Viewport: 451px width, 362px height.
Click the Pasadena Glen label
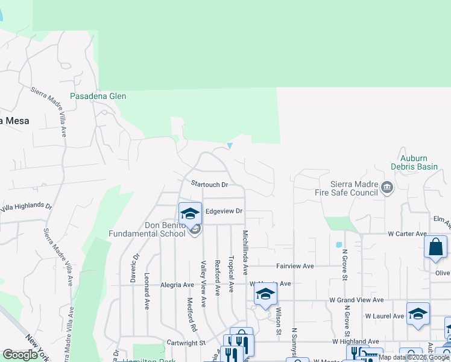pos(98,96)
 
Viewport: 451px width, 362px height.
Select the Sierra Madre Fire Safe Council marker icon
pos(386,189)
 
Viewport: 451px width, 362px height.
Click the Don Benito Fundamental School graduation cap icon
pos(190,213)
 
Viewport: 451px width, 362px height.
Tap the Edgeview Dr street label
pos(224,211)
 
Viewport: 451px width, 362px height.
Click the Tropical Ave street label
pos(231,275)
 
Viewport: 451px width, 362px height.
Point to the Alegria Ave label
pos(177,285)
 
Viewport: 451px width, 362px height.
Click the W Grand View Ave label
pos(356,300)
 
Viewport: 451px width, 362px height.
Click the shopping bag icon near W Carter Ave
pos(435,247)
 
